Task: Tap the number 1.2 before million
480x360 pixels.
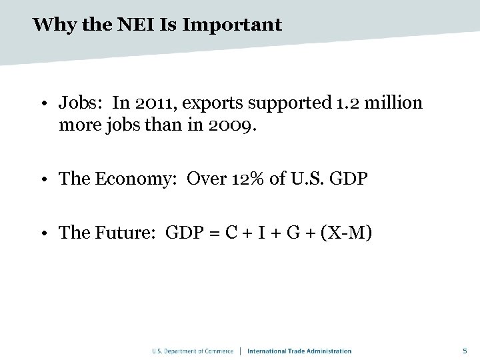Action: pyautogui.click(x=345, y=103)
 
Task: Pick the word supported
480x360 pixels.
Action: pyautogui.click(x=286, y=103)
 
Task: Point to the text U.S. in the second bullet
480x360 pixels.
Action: pyautogui.click(x=298, y=179)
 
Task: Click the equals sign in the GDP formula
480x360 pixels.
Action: pyautogui.click(x=215, y=233)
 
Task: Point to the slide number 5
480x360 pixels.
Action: pyautogui.click(x=465, y=351)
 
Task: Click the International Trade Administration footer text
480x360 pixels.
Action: pyautogui.click(x=299, y=351)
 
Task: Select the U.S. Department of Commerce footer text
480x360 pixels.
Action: pyautogui.click(x=193, y=351)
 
